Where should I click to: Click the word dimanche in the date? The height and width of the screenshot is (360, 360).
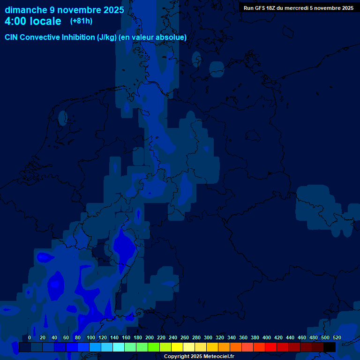(x=25, y=10)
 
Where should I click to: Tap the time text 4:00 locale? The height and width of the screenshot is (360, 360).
(x=33, y=21)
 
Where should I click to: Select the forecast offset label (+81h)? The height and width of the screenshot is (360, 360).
(x=81, y=21)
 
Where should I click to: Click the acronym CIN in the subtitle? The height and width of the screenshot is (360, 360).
(x=12, y=37)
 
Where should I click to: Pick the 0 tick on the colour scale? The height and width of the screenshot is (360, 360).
(x=30, y=337)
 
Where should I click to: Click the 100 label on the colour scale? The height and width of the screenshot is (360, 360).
(x=91, y=337)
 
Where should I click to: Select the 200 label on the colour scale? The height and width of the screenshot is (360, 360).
(x=150, y=337)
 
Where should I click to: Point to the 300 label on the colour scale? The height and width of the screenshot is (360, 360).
(x=208, y=337)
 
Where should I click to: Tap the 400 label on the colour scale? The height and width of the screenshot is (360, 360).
(x=267, y=337)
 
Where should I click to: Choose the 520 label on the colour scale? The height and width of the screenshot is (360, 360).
(x=337, y=337)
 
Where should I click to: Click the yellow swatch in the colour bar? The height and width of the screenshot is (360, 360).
(x=177, y=347)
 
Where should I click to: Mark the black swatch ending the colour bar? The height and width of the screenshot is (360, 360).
(x=330, y=347)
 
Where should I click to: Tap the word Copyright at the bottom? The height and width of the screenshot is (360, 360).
(x=177, y=357)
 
